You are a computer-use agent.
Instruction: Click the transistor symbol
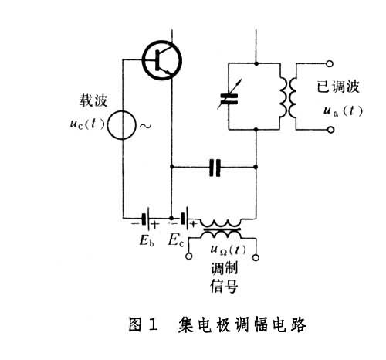point(162,60)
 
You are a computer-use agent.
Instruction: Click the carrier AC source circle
point(121,125)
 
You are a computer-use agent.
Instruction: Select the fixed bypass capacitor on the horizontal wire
point(215,168)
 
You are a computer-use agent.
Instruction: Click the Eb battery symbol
point(146,219)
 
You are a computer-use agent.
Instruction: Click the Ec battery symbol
point(185,219)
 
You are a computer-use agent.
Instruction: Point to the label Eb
point(147,241)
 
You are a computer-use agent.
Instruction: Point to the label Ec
point(176,241)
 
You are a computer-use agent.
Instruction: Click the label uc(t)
point(87,124)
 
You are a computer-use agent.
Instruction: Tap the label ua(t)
point(343,111)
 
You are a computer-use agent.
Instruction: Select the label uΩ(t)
point(228,250)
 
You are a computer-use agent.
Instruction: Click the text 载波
point(93,100)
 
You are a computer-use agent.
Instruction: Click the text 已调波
point(338,87)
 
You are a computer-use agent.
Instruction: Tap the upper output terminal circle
point(330,63)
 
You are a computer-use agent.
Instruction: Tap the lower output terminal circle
point(330,130)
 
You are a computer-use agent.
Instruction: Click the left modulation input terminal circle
point(189,256)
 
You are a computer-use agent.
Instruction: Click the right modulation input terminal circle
point(256,257)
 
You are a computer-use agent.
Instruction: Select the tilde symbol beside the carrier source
point(145,126)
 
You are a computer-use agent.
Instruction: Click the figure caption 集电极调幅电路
point(242,324)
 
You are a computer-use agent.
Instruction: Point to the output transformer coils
point(288,98)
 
